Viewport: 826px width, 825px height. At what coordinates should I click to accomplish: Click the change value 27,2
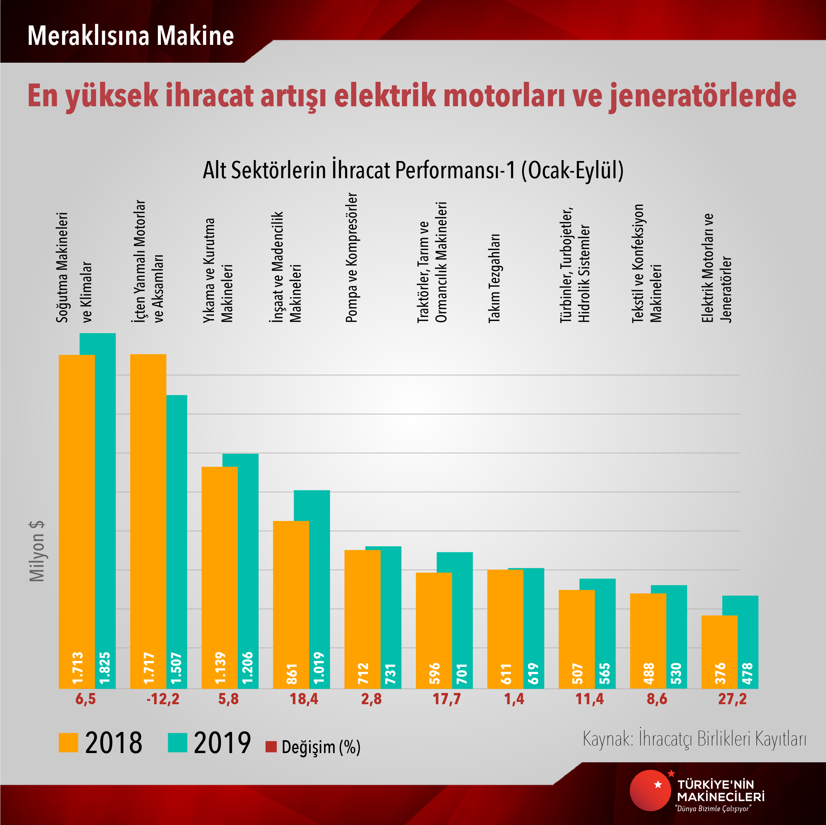point(732,699)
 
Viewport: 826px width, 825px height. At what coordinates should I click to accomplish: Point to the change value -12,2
point(163,699)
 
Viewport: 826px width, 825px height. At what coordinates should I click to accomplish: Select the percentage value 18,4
point(304,699)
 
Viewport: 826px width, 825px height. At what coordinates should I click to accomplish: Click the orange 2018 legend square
point(68,742)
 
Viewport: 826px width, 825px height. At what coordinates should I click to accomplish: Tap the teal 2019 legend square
point(177,742)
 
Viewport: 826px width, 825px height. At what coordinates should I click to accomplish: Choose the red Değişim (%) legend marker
point(271,747)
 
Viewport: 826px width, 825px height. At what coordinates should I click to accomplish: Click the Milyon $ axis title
point(37,551)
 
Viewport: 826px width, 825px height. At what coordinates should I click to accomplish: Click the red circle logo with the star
point(650,791)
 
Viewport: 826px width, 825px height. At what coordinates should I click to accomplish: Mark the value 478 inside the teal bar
point(747,673)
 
